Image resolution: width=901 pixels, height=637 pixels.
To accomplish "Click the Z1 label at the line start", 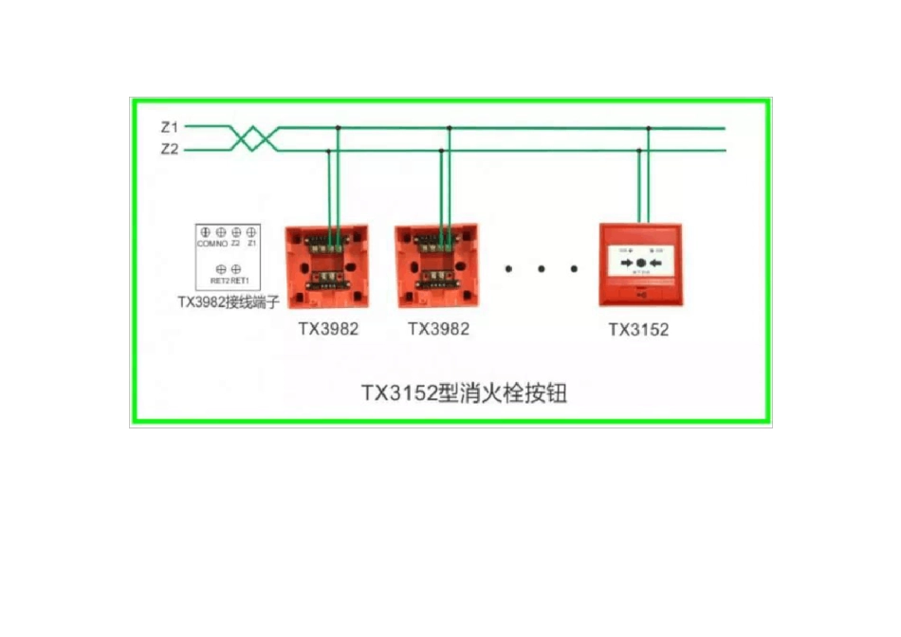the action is [170, 126].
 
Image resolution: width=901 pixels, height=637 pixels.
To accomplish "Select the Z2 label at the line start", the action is [170, 150].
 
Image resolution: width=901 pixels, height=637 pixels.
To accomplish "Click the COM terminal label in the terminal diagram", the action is [204, 244].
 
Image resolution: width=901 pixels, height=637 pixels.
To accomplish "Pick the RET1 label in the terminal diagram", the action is [239, 282].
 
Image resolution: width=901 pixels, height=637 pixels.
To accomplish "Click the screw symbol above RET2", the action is [220, 269].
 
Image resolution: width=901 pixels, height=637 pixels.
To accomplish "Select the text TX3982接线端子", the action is [228, 302].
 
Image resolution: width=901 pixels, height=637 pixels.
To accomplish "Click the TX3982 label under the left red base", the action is [328, 329].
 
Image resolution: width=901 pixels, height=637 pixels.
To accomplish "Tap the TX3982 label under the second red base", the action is [438, 329].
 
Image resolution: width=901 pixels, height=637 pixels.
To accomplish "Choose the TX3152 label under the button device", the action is [638, 330].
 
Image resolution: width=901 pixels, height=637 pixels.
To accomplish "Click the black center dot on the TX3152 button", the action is [641, 263].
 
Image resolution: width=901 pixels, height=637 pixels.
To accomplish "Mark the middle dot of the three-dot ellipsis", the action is [541, 269].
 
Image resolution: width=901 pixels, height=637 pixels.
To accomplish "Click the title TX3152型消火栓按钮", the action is [464, 392].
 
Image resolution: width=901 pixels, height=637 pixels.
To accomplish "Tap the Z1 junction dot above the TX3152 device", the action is [649, 127].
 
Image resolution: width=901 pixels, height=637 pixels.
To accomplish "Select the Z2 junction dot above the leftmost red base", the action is [328, 151].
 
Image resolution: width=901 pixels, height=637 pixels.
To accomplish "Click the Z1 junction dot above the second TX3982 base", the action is [450, 127].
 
